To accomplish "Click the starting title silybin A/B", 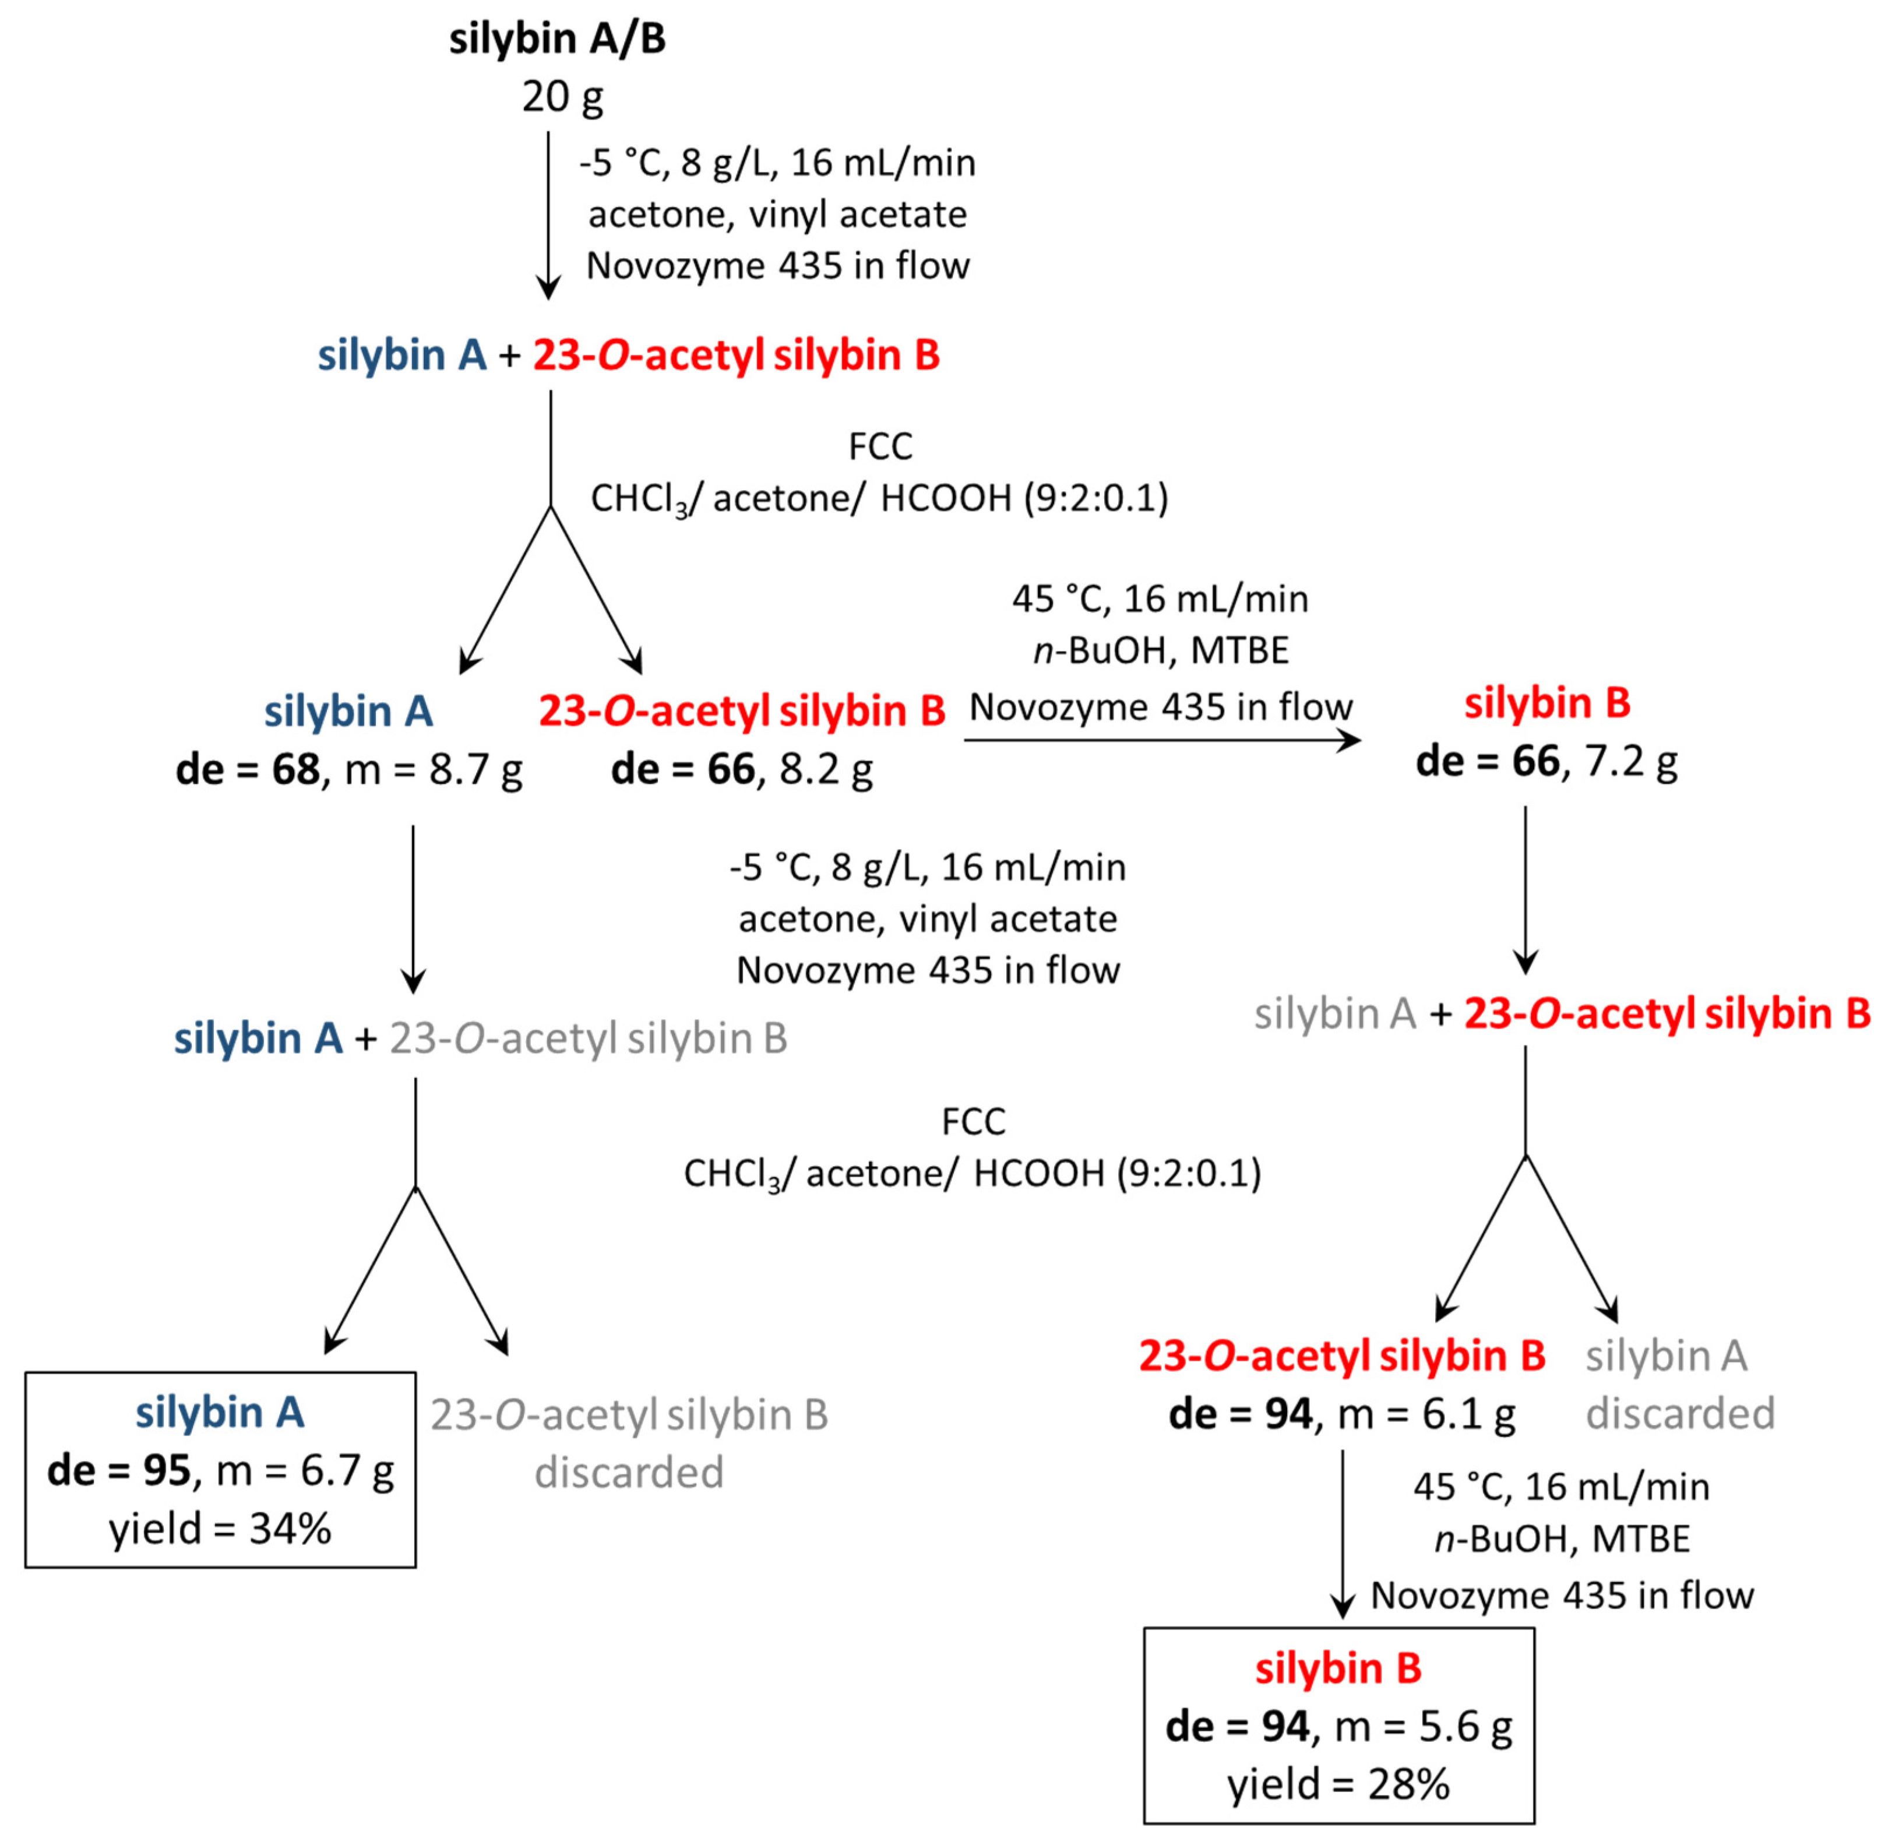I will coord(557,40).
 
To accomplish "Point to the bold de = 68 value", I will coord(248,770).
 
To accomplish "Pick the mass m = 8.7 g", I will coord(434,770).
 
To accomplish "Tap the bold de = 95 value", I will coord(118,1472).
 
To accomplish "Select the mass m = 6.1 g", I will coord(1426,1414).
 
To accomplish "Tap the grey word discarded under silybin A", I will coord(1680,1414).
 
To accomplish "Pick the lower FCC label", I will coord(973,1122).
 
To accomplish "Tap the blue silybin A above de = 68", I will coord(348,712).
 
